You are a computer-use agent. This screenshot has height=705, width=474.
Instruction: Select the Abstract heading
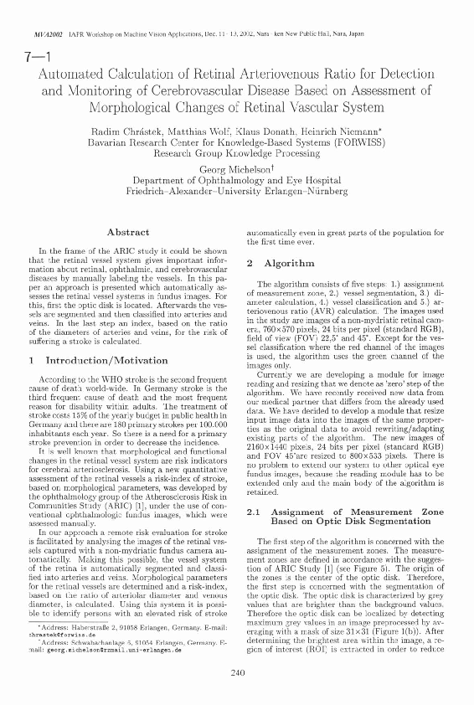[129, 231]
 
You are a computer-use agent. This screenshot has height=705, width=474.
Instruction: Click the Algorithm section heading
[270, 263]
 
